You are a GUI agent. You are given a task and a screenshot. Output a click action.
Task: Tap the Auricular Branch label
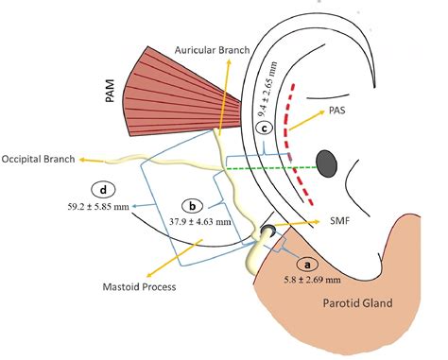coord(209,47)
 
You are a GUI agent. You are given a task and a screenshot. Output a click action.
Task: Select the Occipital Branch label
coord(40,158)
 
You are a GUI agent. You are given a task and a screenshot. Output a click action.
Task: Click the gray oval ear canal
coord(327,162)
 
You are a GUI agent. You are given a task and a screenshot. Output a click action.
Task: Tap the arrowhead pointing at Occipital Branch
coord(83,159)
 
